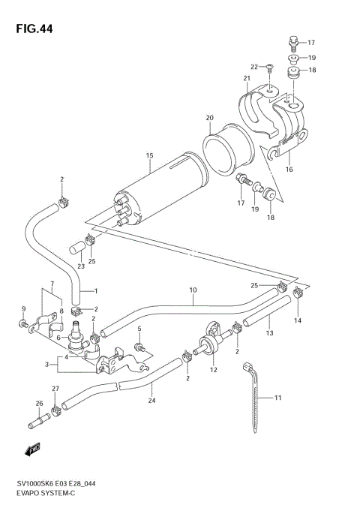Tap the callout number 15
coord(150,155)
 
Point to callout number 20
coord(210,117)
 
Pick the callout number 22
coord(254,67)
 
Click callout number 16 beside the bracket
coord(289,170)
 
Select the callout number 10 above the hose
coord(193,290)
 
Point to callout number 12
coord(214,369)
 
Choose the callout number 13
coord(270,333)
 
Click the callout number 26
coord(39,404)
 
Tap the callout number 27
coord(55,389)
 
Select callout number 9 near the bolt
coord(23,308)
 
